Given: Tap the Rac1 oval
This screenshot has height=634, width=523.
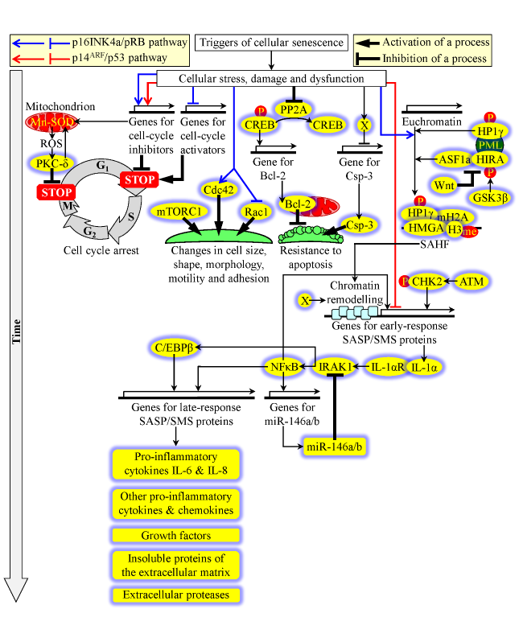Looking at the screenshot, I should (x=256, y=211).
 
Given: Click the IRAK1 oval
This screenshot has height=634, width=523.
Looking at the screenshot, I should (x=333, y=368).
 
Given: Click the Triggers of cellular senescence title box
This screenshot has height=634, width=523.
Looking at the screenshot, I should (x=271, y=43).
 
